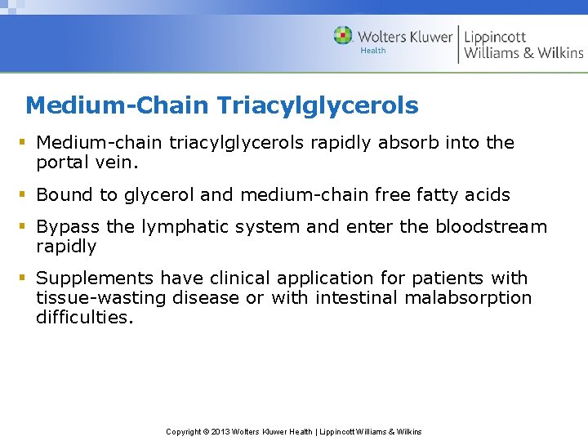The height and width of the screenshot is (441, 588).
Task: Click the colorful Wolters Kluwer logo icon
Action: click(343, 36)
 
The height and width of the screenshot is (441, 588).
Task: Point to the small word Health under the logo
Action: click(373, 51)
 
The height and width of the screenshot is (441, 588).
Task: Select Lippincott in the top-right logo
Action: click(495, 37)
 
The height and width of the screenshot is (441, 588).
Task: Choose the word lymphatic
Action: click(183, 227)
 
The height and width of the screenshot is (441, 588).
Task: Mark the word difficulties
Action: click(82, 318)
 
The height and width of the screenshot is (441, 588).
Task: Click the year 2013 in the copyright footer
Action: click(221, 431)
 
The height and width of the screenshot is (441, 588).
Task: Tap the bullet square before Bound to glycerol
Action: click(25, 195)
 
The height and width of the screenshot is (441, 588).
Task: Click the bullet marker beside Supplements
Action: click(25, 278)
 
